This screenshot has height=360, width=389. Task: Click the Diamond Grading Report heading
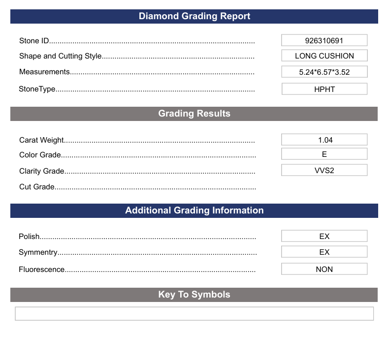[194, 16]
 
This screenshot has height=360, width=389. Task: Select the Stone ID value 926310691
[324, 40]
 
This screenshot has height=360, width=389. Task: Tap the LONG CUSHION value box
[324, 56]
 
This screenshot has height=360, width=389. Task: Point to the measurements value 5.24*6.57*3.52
[324, 72]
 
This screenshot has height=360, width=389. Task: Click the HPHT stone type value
[324, 89]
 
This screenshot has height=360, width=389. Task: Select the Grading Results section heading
[194, 114]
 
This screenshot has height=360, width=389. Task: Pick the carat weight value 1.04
[324, 140]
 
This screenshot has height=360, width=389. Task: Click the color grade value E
[324, 154]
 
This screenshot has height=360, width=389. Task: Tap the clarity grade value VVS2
[324, 170]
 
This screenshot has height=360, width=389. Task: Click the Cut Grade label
[37, 187]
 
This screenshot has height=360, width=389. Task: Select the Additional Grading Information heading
[194, 210]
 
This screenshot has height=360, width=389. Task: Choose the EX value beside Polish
[324, 236]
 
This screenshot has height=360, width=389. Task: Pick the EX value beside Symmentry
[324, 252]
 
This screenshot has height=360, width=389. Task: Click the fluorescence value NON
[324, 269]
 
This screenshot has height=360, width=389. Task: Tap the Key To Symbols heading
[194, 295]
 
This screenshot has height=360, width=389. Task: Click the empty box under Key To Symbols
[194, 313]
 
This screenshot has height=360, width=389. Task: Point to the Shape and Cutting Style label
[61, 56]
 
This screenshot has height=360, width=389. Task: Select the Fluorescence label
[42, 270]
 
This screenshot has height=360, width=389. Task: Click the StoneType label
[37, 89]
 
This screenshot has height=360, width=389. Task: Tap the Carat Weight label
[42, 140]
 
